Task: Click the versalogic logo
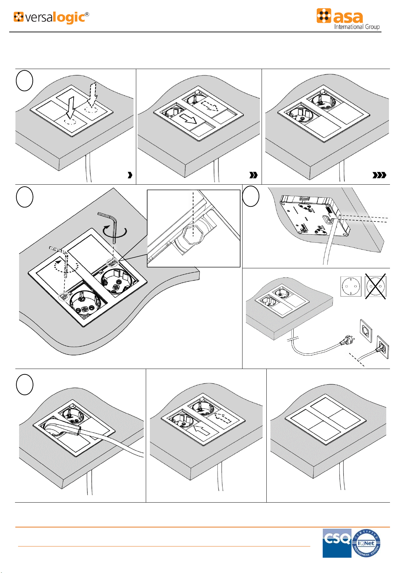pyautogui.click(x=51, y=17)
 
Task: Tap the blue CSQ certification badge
pyautogui.click(x=337, y=543)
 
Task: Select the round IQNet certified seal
pyautogui.click(x=366, y=543)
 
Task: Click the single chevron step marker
pyautogui.click(x=129, y=175)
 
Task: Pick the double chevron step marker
pyautogui.click(x=253, y=175)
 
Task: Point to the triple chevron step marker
pyautogui.click(x=379, y=175)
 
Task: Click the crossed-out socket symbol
pyautogui.click(x=376, y=287)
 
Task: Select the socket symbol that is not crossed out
pyautogui.click(x=351, y=287)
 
